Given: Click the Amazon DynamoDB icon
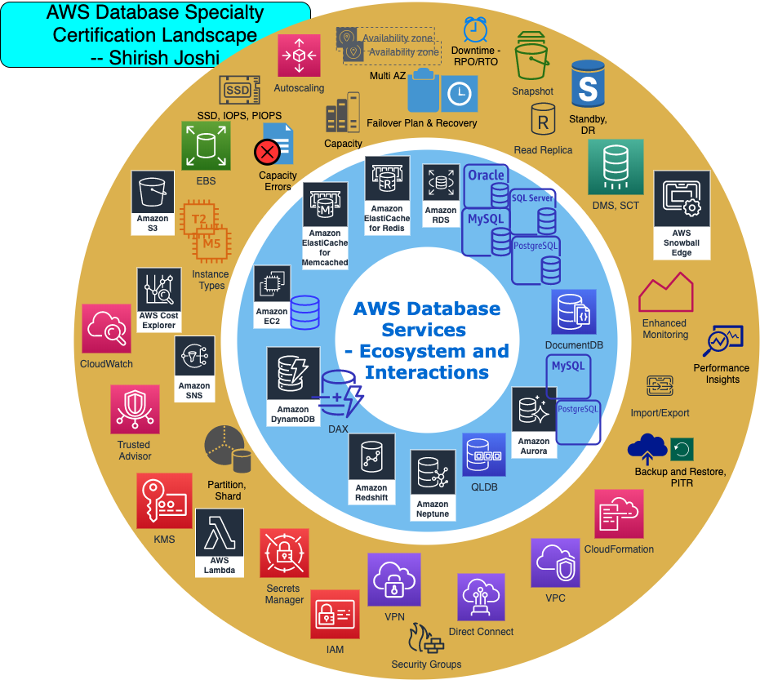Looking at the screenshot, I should [x=293, y=376].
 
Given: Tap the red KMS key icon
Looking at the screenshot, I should [x=164, y=500].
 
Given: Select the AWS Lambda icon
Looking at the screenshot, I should [x=220, y=536].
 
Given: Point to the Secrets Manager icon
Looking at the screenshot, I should [x=284, y=553].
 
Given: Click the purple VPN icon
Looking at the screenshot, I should [x=393, y=579].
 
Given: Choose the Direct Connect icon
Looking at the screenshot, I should [x=481, y=598].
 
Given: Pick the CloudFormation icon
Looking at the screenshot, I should [x=619, y=513].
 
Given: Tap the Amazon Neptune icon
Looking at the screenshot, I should [x=433, y=478].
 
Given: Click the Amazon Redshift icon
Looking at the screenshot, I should [x=371, y=461].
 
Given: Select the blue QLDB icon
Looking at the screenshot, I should [x=484, y=455].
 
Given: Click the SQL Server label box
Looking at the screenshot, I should [x=532, y=198].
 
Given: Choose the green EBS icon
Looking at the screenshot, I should [x=206, y=147].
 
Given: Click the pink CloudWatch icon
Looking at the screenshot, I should [x=107, y=329].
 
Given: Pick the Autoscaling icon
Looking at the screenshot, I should [x=299, y=56].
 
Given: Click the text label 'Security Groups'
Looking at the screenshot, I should [x=426, y=664].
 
